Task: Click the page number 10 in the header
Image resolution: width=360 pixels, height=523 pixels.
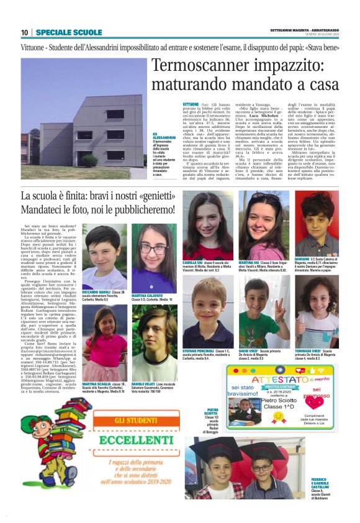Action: point(24,32)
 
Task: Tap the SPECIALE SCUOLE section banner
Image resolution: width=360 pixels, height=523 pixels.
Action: point(69,32)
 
